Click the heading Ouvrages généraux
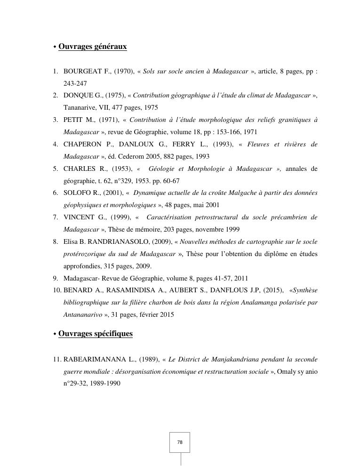92,47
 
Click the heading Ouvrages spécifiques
96,334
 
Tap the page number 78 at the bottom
180,442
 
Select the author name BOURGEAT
82,72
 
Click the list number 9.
55,278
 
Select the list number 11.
56,359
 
